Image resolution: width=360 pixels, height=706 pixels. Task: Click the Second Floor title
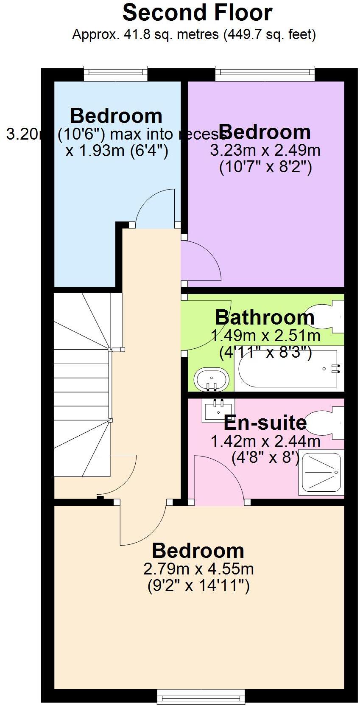click(x=197, y=13)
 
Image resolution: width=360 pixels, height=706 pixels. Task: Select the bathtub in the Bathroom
click(x=288, y=368)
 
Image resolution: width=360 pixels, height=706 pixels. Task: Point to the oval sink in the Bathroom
click(x=212, y=378)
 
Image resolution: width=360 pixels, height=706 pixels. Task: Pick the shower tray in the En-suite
click(x=321, y=472)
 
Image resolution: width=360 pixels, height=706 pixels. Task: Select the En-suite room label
click(x=265, y=423)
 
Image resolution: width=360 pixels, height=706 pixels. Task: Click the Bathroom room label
click(x=265, y=317)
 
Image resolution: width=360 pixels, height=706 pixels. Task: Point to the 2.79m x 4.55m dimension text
click(x=198, y=569)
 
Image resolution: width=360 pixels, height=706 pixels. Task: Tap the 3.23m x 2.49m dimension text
click(x=265, y=150)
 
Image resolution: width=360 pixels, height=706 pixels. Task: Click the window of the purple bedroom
click(x=265, y=73)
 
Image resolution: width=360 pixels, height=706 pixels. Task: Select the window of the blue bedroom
click(x=115, y=73)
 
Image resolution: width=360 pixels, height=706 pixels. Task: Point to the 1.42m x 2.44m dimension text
click(x=265, y=441)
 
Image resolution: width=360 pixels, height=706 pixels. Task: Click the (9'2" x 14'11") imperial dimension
click(x=198, y=586)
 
